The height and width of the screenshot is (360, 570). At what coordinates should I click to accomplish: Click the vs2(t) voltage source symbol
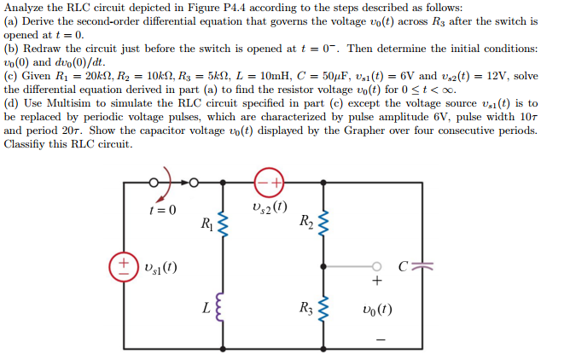tap(270, 183)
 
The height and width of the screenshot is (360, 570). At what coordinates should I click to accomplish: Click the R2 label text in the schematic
tap(305, 224)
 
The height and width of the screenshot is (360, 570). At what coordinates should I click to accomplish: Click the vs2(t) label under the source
tap(270, 207)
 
